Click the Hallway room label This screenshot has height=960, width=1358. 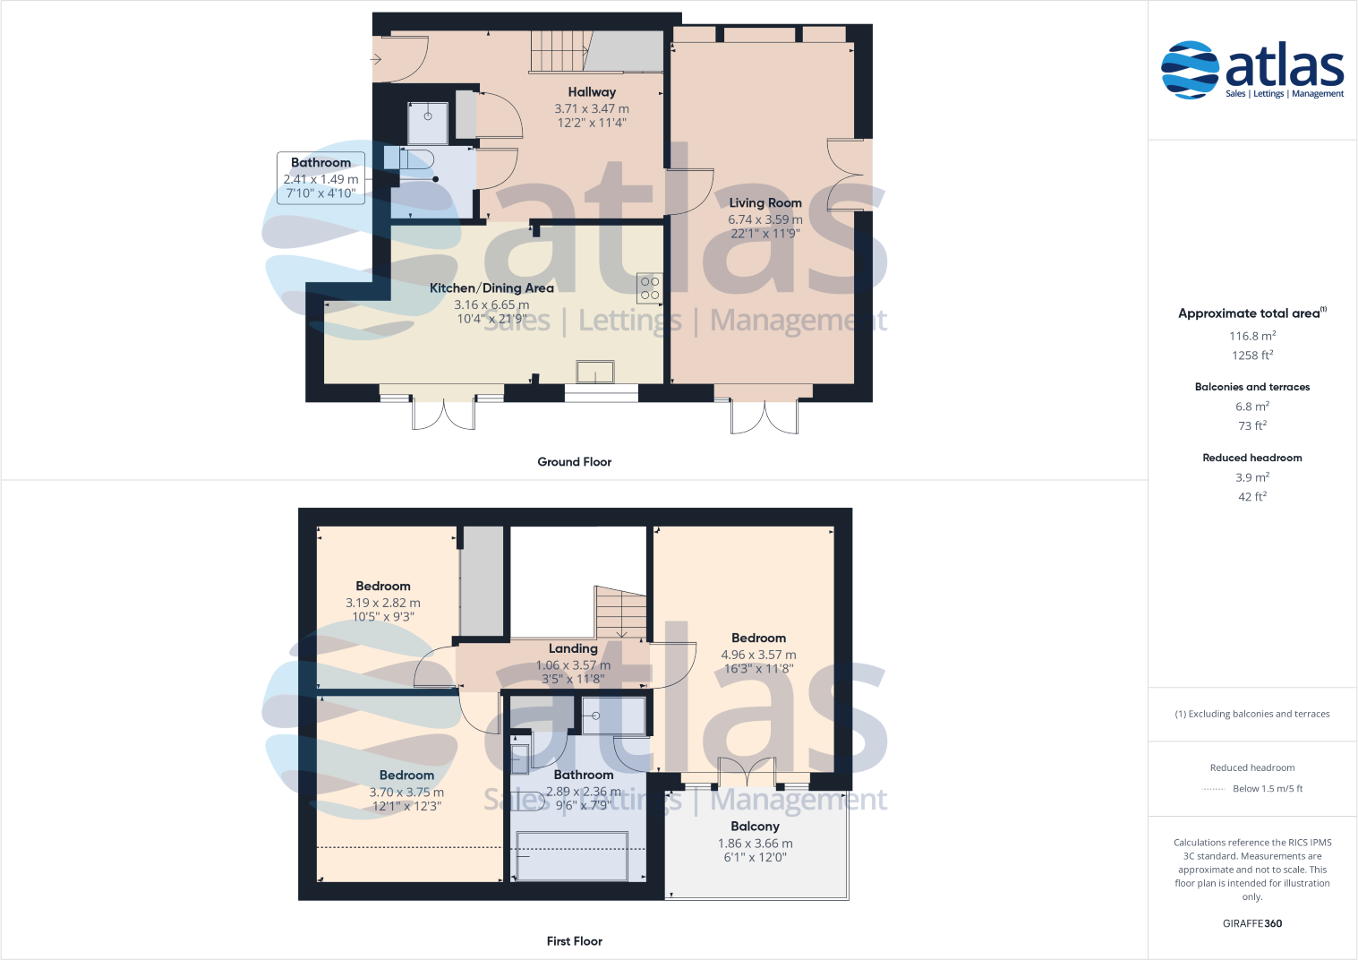pyautogui.click(x=592, y=92)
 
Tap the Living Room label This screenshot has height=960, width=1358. pyautogui.click(x=765, y=203)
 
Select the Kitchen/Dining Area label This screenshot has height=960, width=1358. pyautogui.click(x=491, y=288)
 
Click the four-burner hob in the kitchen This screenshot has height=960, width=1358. pyautogui.click(x=650, y=287)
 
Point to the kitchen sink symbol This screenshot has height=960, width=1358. pyautogui.click(x=595, y=372)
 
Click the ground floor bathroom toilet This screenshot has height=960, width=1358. pyautogui.click(x=416, y=159)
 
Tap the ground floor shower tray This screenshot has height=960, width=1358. pyautogui.click(x=428, y=124)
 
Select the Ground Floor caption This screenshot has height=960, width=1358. pyautogui.click(x=574, y=462)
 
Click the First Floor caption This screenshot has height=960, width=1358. pyautogui.click(x=574, y=941)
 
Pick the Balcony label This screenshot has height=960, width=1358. pyautogui.click(x=755, y=827)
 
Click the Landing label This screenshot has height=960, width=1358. pyautogui.click(x=573, y=648)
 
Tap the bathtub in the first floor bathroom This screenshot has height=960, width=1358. pyautogui.click(x=571, y=855)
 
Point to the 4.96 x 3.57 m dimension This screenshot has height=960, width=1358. pyautogui.click(x=758, y=655)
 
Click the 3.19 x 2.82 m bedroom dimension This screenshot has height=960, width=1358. pyautogui.click(x=383, y=603)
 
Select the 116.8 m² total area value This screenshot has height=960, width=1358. pyautogui.click(x=1251, y=336)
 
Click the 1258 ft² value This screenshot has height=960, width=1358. pyautogui.click(x=1251, y=356)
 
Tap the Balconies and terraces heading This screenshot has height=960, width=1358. pyautogui.click(x=1251, y=387)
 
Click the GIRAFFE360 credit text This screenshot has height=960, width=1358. pyautogui.click(x=1251, y=923)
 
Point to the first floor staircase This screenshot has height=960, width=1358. pyautogui.click(x=621, y=613)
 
